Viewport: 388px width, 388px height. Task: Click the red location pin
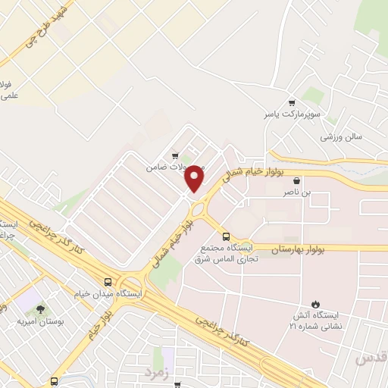point(195,177)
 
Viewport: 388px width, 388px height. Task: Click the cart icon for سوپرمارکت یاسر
point(291,103)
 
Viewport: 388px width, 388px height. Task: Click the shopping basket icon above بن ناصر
point(296,181)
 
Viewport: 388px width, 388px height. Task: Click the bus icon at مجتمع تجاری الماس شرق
point(225,236)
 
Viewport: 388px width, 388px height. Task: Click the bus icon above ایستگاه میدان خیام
point(110,280)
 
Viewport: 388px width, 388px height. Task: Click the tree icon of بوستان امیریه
point(39,309)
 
